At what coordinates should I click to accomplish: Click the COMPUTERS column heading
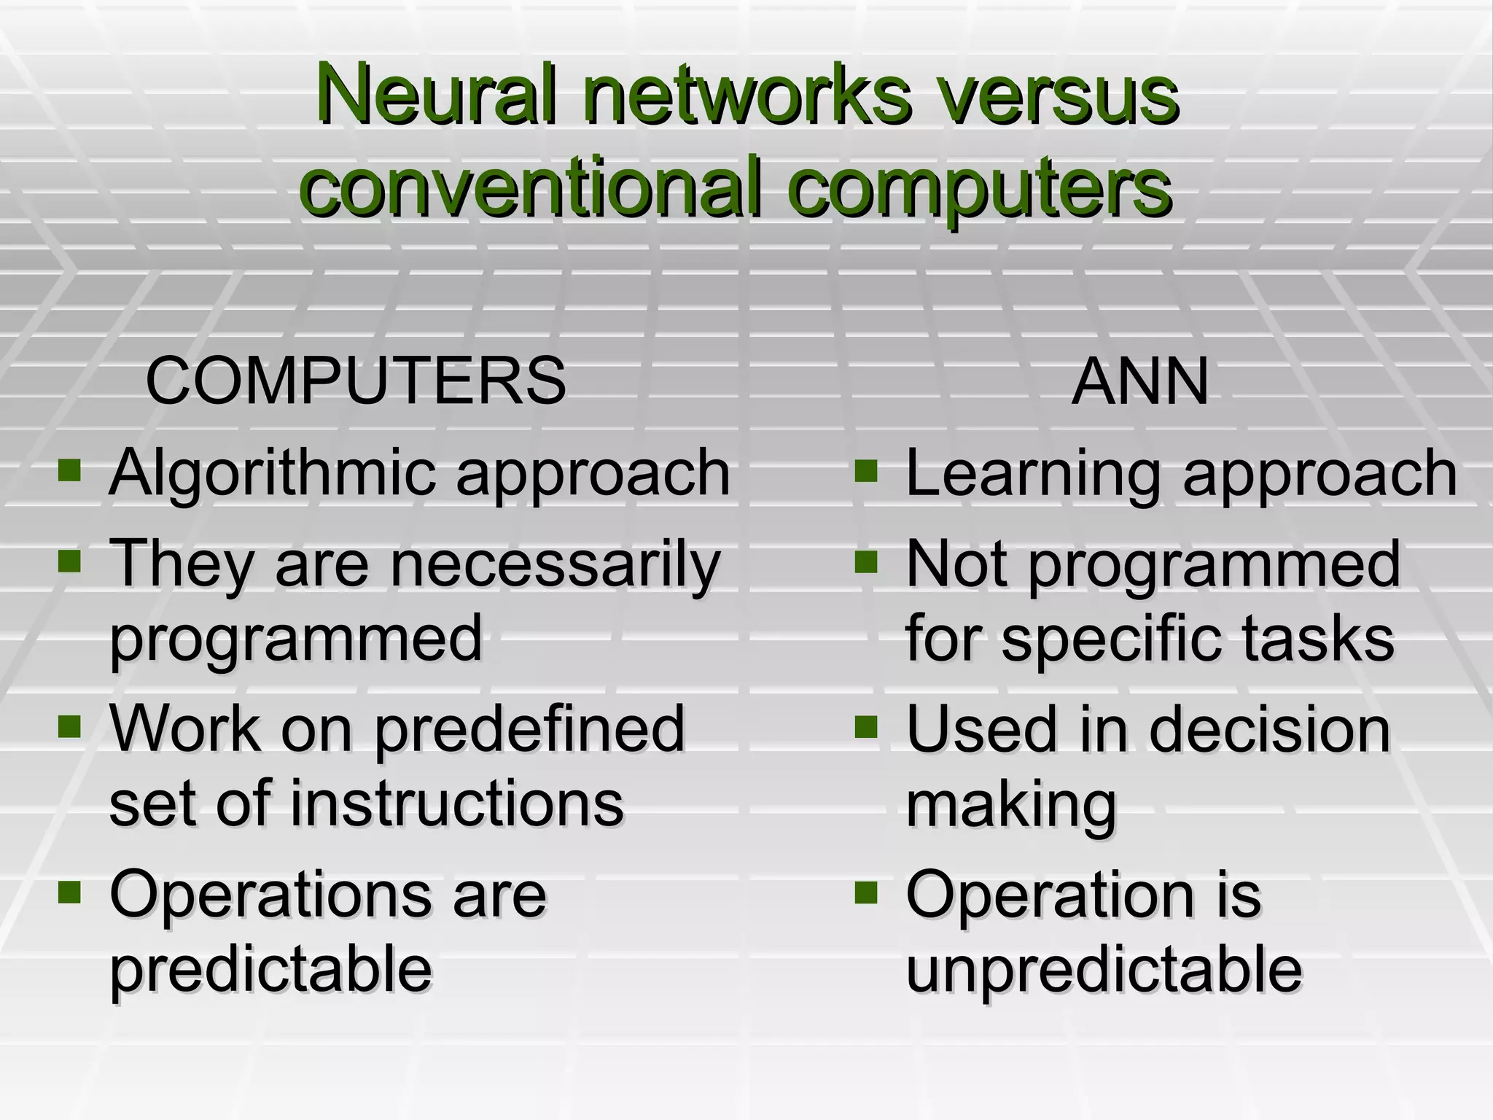point(356,381)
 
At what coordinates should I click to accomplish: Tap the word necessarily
point(555,564)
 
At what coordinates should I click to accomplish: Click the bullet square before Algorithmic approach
point(70,470)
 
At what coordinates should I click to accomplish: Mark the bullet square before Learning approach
point(865,470)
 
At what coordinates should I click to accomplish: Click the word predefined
point(529,729)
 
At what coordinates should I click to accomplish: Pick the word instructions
point(456,803)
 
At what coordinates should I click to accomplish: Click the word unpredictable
point(1104,970)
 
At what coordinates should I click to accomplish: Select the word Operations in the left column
point(274,895)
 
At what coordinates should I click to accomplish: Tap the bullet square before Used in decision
point(865,726)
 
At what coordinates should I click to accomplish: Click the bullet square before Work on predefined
point(70,726)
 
